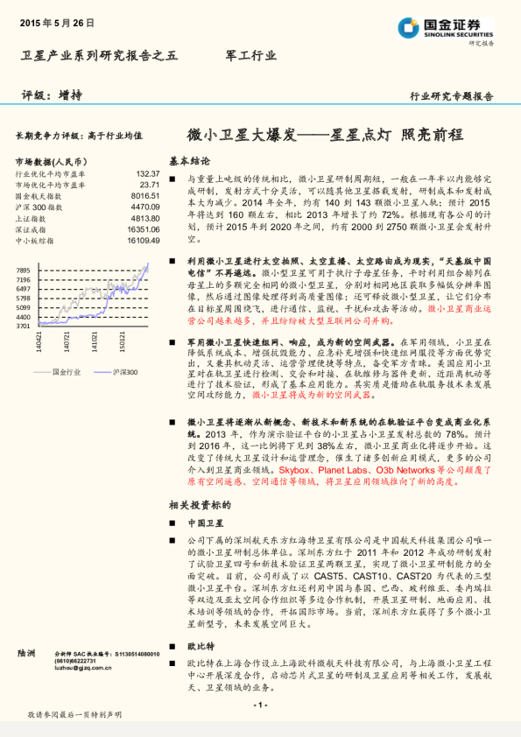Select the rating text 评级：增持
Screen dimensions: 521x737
46,95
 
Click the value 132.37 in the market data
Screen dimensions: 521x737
148,174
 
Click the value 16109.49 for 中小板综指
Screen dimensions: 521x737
144,240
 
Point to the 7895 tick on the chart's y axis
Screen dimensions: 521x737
24,265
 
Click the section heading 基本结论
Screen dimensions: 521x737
189,161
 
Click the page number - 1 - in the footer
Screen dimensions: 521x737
260,705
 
